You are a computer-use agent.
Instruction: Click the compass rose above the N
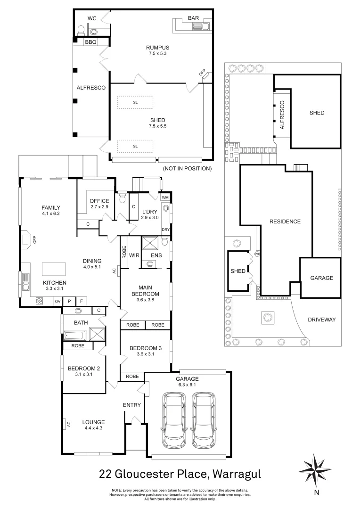(315, 468)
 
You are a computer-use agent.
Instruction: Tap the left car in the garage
(175, 420)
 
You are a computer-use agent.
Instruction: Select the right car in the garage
(204, 420)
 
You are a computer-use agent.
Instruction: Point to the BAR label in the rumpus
(193, 18)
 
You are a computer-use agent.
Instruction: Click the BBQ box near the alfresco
(90, 42)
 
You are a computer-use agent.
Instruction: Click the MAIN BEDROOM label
(145, 290)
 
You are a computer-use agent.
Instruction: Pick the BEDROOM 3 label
(145, 351)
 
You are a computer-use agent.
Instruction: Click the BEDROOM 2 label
(83, 371)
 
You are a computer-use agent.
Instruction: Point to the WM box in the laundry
(165, 197)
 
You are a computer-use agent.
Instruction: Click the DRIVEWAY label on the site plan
(321, 320)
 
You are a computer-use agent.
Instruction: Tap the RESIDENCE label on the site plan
(285, 222)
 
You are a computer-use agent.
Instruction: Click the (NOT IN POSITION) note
(187, 168)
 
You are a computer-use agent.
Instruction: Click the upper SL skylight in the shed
(135, 102)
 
